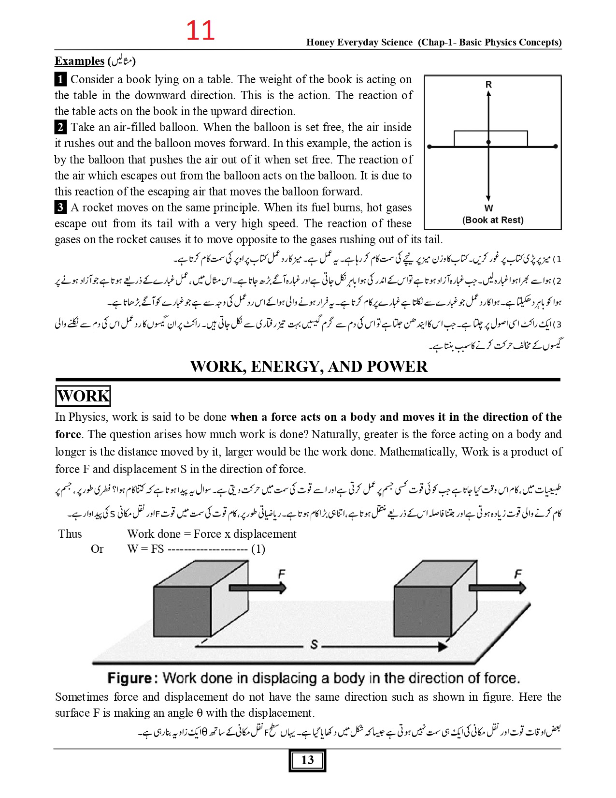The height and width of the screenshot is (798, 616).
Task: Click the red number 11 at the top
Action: tap(200, 30)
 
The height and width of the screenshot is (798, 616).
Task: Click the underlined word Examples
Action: tap(79, 61)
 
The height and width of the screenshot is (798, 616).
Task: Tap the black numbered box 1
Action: tap(60, 79)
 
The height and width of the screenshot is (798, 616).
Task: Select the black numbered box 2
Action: tap(60, 127)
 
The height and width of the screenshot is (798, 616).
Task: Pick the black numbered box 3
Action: tap(60, 207)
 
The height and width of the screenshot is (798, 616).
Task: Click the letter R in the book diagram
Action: tap(488, 85)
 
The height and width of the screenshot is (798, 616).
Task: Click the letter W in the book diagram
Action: tap(488, 208)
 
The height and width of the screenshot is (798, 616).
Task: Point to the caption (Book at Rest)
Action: tap(493, 220)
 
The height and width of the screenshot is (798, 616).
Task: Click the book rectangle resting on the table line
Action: tap(490, 138)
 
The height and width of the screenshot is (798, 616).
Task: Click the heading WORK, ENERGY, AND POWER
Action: tap(309, 367)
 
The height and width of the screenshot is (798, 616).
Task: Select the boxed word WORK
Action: tap(83, 396)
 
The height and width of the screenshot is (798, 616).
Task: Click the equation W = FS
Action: tap(145, 549)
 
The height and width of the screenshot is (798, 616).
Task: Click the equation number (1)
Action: tap(258, 549)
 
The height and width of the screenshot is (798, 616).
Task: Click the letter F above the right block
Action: tap(518, 574)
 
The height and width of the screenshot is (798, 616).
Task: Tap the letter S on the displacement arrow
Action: tap(315, 644)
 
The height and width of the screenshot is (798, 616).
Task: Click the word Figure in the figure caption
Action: tap(129, 678)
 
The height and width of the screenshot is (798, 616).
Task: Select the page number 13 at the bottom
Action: tap(307, 760)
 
